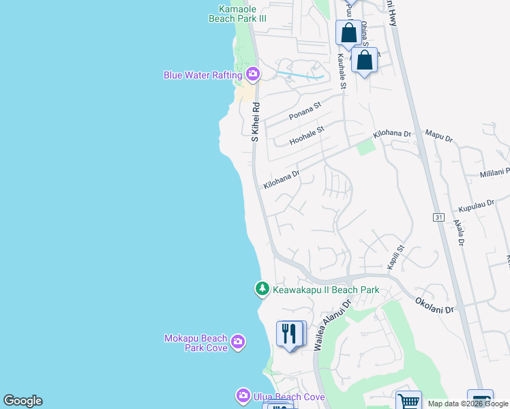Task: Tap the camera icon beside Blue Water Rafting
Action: click(x=253, y=74)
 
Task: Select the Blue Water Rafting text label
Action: click(x=202, y=75)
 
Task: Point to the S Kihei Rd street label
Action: click(x=256, y=122)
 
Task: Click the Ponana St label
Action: click(x=304, y=112)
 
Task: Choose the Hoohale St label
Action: click(x=307, y=134)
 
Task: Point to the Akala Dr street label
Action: click(x=460, y=232)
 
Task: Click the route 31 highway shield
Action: click(x=438, y=217)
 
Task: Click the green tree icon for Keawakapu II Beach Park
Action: click(x=262, y=290)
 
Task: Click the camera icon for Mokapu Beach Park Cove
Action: click(x=237, y=341)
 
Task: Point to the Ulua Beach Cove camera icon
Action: click(x=243, y=395)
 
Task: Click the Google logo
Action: click(x=22, y=401)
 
